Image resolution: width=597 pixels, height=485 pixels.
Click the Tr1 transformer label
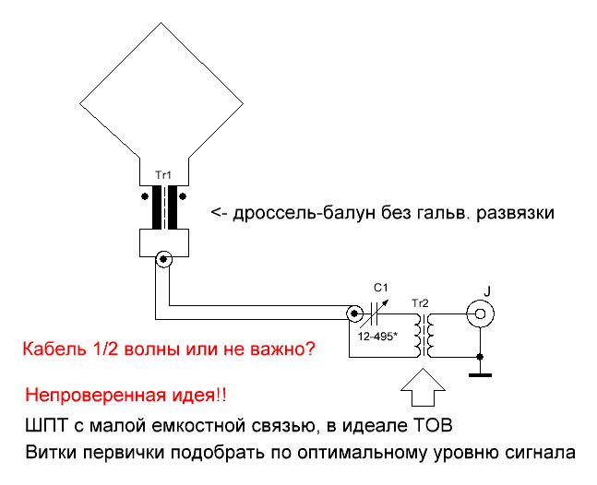(x=163, y=175)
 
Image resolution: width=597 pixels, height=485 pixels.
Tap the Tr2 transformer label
(x=420, y=303)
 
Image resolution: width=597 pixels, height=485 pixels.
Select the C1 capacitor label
(x=381, y=288)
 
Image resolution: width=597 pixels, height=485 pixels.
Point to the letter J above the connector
(x=487, y=291)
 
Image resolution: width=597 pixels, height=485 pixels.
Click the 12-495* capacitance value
(x=377, y=337)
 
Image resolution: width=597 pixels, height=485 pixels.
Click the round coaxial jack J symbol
(x=481, y=313)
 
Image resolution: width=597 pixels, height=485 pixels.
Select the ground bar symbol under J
(x=480, y=375)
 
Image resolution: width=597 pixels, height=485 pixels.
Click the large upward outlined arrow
(x=423, y=387)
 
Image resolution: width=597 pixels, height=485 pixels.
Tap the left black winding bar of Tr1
(x=157, y=207)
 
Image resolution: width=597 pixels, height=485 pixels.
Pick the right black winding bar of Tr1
(x=173, y=207)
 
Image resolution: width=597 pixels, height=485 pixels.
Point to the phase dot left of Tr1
(x=145, y=196)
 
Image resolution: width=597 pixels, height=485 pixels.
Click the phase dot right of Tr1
(x=183, y=196)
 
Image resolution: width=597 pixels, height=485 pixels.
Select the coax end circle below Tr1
(x=163, y=259)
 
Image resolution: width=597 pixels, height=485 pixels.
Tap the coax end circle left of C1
(x=354, y=313)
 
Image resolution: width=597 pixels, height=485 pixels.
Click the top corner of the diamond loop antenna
(x=161, y=22)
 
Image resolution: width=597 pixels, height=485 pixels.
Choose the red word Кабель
(x=54, y=349)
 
